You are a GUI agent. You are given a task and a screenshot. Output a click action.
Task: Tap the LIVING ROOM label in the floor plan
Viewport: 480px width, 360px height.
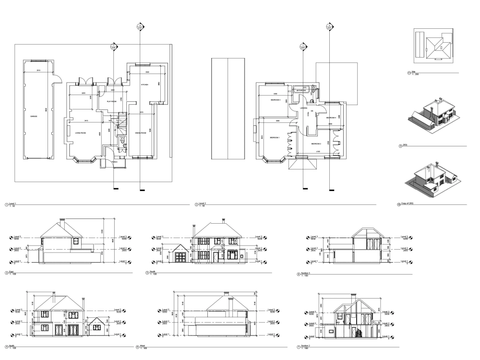[80, 132]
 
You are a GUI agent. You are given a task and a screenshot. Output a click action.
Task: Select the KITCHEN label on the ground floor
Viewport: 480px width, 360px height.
[144, 84]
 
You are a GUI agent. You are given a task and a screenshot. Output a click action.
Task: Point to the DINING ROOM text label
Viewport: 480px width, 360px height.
[141, 132]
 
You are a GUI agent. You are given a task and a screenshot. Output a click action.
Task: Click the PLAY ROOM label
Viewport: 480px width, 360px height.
[111, 102]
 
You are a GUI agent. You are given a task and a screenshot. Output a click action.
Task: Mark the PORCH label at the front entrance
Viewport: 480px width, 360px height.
[115, 162]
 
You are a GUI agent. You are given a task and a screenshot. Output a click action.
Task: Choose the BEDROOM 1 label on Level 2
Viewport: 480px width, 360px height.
[275, 137]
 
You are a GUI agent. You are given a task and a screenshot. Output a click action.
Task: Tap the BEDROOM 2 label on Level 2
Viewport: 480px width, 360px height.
[315, 144]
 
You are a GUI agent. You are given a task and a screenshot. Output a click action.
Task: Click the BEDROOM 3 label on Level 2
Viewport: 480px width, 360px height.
[275, 100]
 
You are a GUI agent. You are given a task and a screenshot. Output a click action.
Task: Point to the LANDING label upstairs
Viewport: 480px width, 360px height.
[303, 108]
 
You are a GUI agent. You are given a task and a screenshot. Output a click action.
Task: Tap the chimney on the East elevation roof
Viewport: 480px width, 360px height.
[61, 223]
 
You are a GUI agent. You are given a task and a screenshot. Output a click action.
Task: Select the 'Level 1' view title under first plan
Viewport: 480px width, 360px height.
[12, 204]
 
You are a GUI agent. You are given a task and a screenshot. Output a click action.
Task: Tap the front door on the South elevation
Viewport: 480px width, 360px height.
[216, 258]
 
